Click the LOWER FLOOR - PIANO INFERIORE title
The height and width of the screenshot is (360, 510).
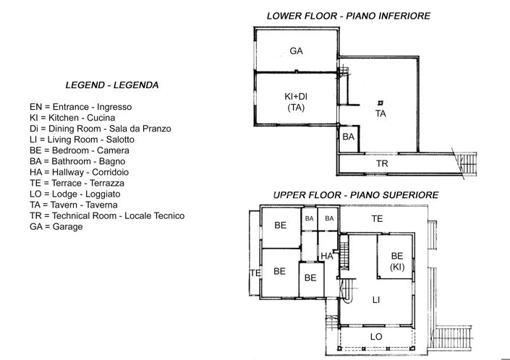coord(349,15)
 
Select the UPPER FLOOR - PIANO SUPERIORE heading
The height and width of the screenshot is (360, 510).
coord(355,196)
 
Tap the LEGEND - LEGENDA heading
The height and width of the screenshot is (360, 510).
coord(112,85)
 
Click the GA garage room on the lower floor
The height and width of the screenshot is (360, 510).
coord(296,51)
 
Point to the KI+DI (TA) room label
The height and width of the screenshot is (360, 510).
coord(295,101)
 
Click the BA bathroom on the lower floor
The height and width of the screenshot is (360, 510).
coord(348,137)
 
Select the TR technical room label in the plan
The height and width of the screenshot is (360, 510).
coord(382,164)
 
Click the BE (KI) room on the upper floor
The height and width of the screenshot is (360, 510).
coord(396,261)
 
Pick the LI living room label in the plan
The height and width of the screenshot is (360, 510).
coord(376,299)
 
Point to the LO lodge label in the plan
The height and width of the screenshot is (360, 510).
coord(376,337)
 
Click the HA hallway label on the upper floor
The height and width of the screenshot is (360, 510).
coord(327,256)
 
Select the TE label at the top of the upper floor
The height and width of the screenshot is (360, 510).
coord(377,218)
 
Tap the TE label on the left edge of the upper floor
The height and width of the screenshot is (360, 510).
coord(255,273)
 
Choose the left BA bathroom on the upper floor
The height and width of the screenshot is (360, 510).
coord(309,218)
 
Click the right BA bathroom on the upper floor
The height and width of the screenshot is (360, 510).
coord(330,218)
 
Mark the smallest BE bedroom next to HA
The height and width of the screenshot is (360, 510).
coord(310,278)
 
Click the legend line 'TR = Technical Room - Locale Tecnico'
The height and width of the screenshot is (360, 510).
coord(107,215)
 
